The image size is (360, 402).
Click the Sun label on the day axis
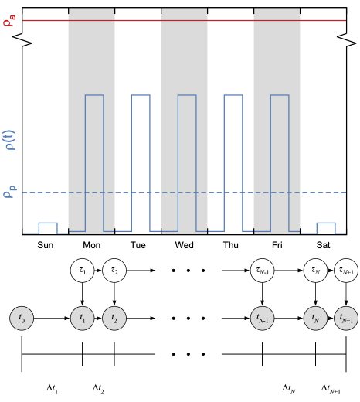(46, 245)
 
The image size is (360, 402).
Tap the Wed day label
(185, 245)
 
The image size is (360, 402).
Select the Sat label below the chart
(323, 245)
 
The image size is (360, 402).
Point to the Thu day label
(231, 245)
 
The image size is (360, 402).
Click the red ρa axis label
(9, 20)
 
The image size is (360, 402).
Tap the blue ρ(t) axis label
(9, 140)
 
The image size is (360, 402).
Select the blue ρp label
(10, 192)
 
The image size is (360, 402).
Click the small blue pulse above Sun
(48, 223)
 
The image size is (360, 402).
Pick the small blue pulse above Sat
(326, 223)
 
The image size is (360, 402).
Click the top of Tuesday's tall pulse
(141, 95)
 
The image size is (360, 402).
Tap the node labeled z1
(82, 271)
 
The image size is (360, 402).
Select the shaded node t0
(22, 319)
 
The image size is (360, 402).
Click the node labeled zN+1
(346, 271)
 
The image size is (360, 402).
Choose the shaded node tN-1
(262, 319)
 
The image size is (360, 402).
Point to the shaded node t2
(114, 319)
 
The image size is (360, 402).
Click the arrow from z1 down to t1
(82, 294)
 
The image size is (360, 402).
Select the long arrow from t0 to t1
(52, 319)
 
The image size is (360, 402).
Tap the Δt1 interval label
(52, 389)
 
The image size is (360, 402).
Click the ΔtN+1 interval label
(331, 389)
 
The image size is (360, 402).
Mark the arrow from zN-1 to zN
(289, 271)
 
